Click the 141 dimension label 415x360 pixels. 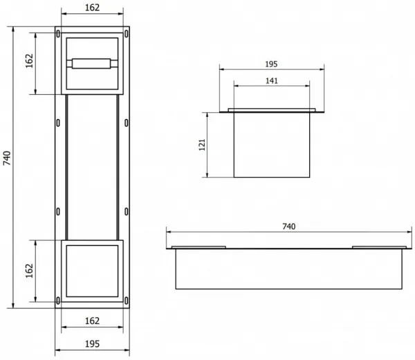272,80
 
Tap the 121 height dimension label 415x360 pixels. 202,145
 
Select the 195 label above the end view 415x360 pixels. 271,64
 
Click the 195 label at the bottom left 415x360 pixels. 92,344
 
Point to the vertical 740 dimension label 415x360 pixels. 7,158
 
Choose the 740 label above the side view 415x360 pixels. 288,226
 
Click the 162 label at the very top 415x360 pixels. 92,8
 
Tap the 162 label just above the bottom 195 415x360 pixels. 92,321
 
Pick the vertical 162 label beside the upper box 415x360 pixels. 29,61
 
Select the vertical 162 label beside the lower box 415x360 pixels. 29,271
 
